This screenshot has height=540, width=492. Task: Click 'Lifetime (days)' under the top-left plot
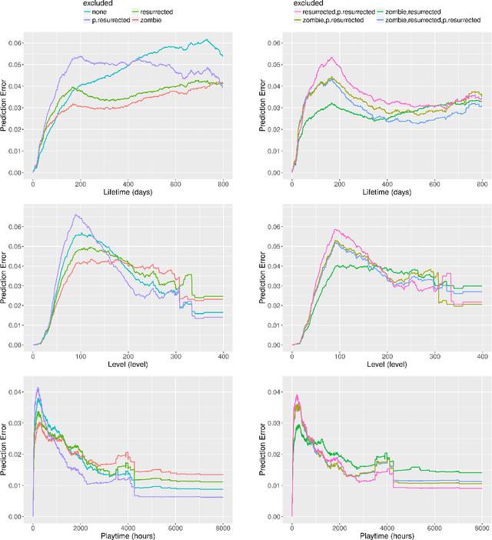point(128,193)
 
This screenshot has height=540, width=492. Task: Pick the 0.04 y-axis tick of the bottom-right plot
point(275,392)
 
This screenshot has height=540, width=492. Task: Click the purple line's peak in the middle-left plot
point(75,215)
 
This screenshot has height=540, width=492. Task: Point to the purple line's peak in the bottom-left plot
point(38,388)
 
